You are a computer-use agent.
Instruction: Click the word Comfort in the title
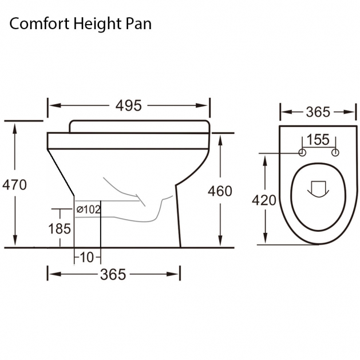[39, 23]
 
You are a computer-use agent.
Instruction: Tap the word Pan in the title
[139, 24]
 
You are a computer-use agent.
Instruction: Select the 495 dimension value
[129, 106]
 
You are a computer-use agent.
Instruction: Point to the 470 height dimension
[14, 185]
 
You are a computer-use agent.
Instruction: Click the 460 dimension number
[220, 191]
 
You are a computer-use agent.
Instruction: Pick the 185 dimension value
[60, 229]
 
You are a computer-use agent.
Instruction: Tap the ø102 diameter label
[88, 209]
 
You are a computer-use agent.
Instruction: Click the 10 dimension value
[88, 257]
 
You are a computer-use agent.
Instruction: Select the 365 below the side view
[113, 274]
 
